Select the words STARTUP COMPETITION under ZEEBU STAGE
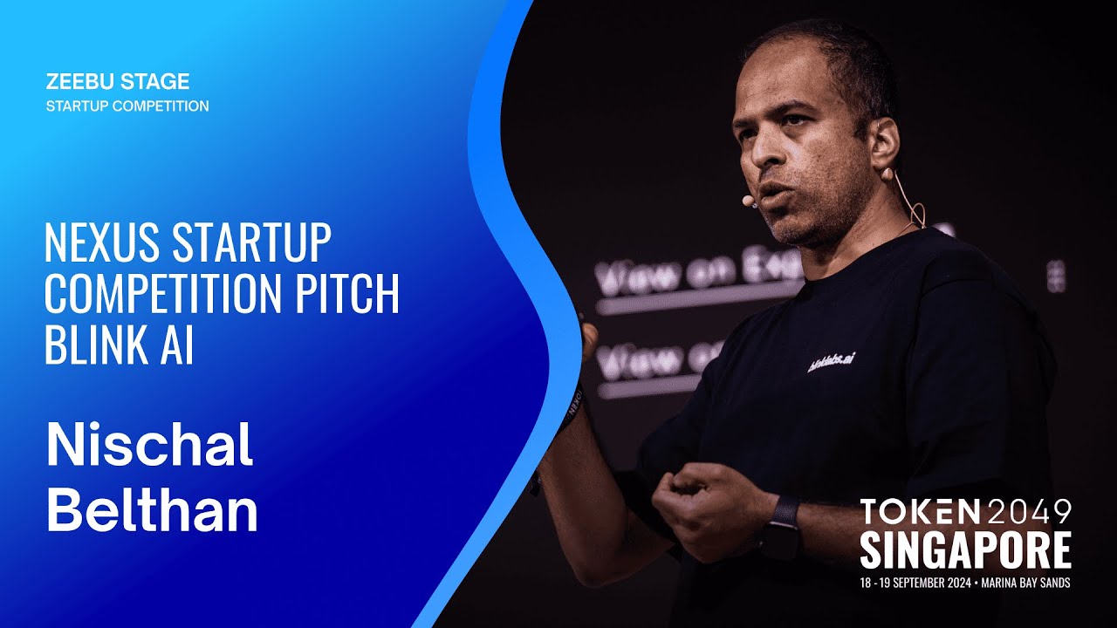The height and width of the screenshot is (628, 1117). tap(127, 106)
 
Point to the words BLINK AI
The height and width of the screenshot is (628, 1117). tap(119, 346)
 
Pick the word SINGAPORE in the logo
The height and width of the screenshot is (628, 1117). tap(965, 549)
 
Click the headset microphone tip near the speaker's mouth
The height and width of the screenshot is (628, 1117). tap(748, 201)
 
